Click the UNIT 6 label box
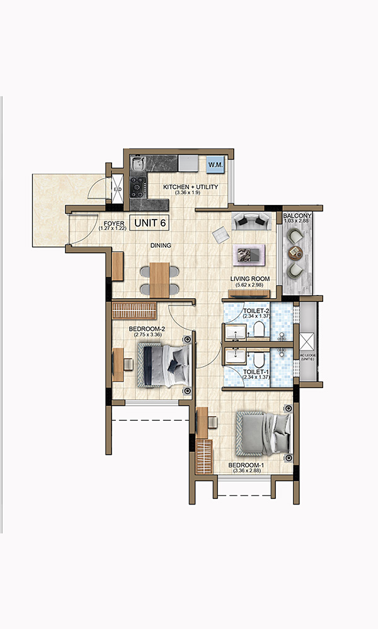coord(150,223)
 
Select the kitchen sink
coord(138,165)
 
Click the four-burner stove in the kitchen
coord(138,186)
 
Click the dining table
coord(160,278)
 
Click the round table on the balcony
coord(294,252)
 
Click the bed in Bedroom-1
coord(263,433)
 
